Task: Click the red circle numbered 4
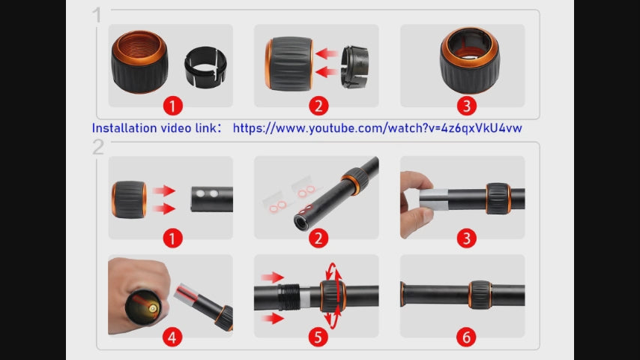click(x=172, y=337)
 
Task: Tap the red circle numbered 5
click(x=319, y=337)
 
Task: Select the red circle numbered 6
click(x=466, y=337)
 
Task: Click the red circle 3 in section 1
click(x=467, y=106)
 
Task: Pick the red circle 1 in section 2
click(x=172, y=238)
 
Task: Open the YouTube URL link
click(x=377, y=128)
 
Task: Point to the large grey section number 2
click(x=98, y=147)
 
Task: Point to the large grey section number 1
click(x=97, y=15)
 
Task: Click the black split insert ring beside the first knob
click(x=205, y=67)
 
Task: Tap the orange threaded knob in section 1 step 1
click(x=139, y=61)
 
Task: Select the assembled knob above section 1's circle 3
click(x=470, y=61)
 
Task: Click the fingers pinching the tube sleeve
click(x=415, y=204)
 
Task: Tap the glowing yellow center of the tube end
click(x=153, y=308)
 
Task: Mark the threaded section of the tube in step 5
click(x=289, y=297)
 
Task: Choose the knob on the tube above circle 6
click(x=480, y=295)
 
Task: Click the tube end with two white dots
click(x=212, y=199)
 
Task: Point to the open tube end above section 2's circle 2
click(x=301, y=222)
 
